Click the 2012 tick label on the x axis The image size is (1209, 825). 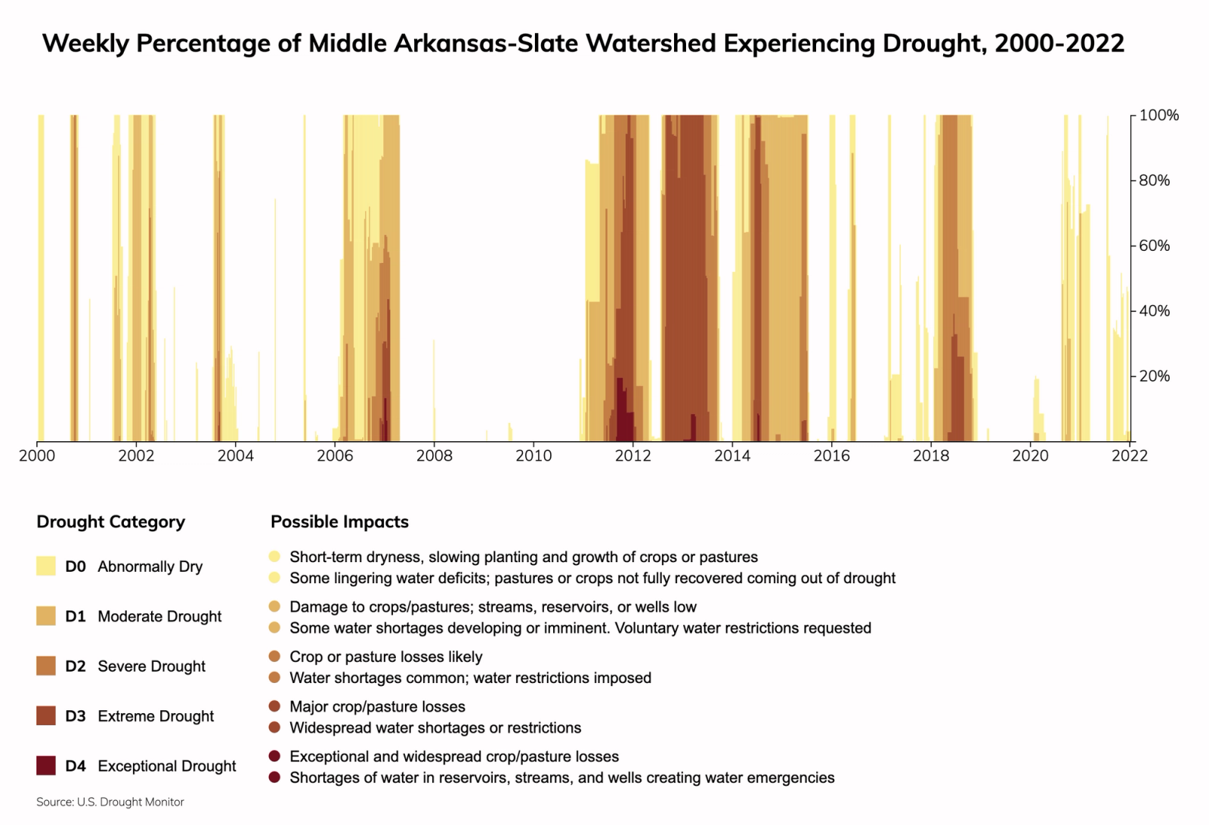point(632,456)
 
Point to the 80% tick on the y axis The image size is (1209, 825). point(1154,181)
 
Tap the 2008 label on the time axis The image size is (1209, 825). point(434,456)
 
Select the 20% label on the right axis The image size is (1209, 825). point(1154,376)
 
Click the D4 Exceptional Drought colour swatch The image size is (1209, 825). point(46,765)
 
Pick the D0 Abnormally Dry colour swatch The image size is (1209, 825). point(46,566)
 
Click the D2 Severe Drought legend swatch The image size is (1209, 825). point(46,666)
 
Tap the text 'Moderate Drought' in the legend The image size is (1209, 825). point(159,616)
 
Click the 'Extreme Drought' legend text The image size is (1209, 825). point(156,716)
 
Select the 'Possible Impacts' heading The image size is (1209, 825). point(339,522)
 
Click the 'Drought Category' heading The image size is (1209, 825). point(110,522)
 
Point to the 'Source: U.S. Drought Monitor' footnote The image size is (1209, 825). point(110,802)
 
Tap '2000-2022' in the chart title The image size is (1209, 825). point(1059,43)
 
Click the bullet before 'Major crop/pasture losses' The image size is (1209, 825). point(274,706)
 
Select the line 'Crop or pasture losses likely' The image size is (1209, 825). point(385,657)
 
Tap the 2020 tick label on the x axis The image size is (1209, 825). point(1030,456)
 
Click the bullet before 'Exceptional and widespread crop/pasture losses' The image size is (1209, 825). point(274,756)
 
